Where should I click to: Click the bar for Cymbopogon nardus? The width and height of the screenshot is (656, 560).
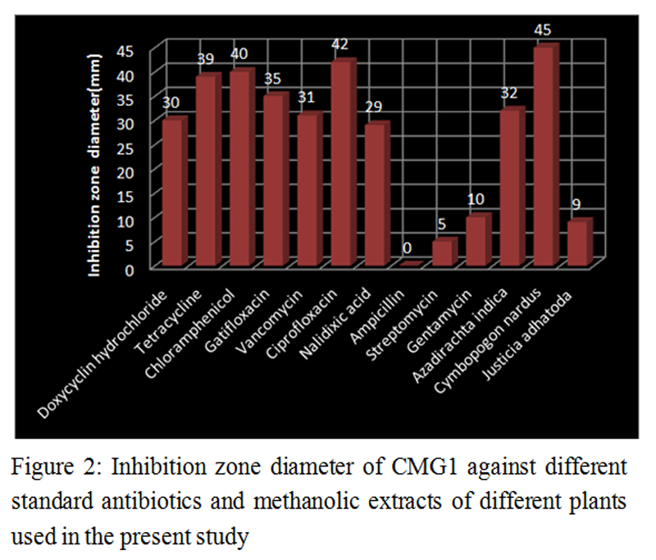(x=544, y=156)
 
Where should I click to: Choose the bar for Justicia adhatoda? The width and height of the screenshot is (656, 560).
(x=578, y=243)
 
